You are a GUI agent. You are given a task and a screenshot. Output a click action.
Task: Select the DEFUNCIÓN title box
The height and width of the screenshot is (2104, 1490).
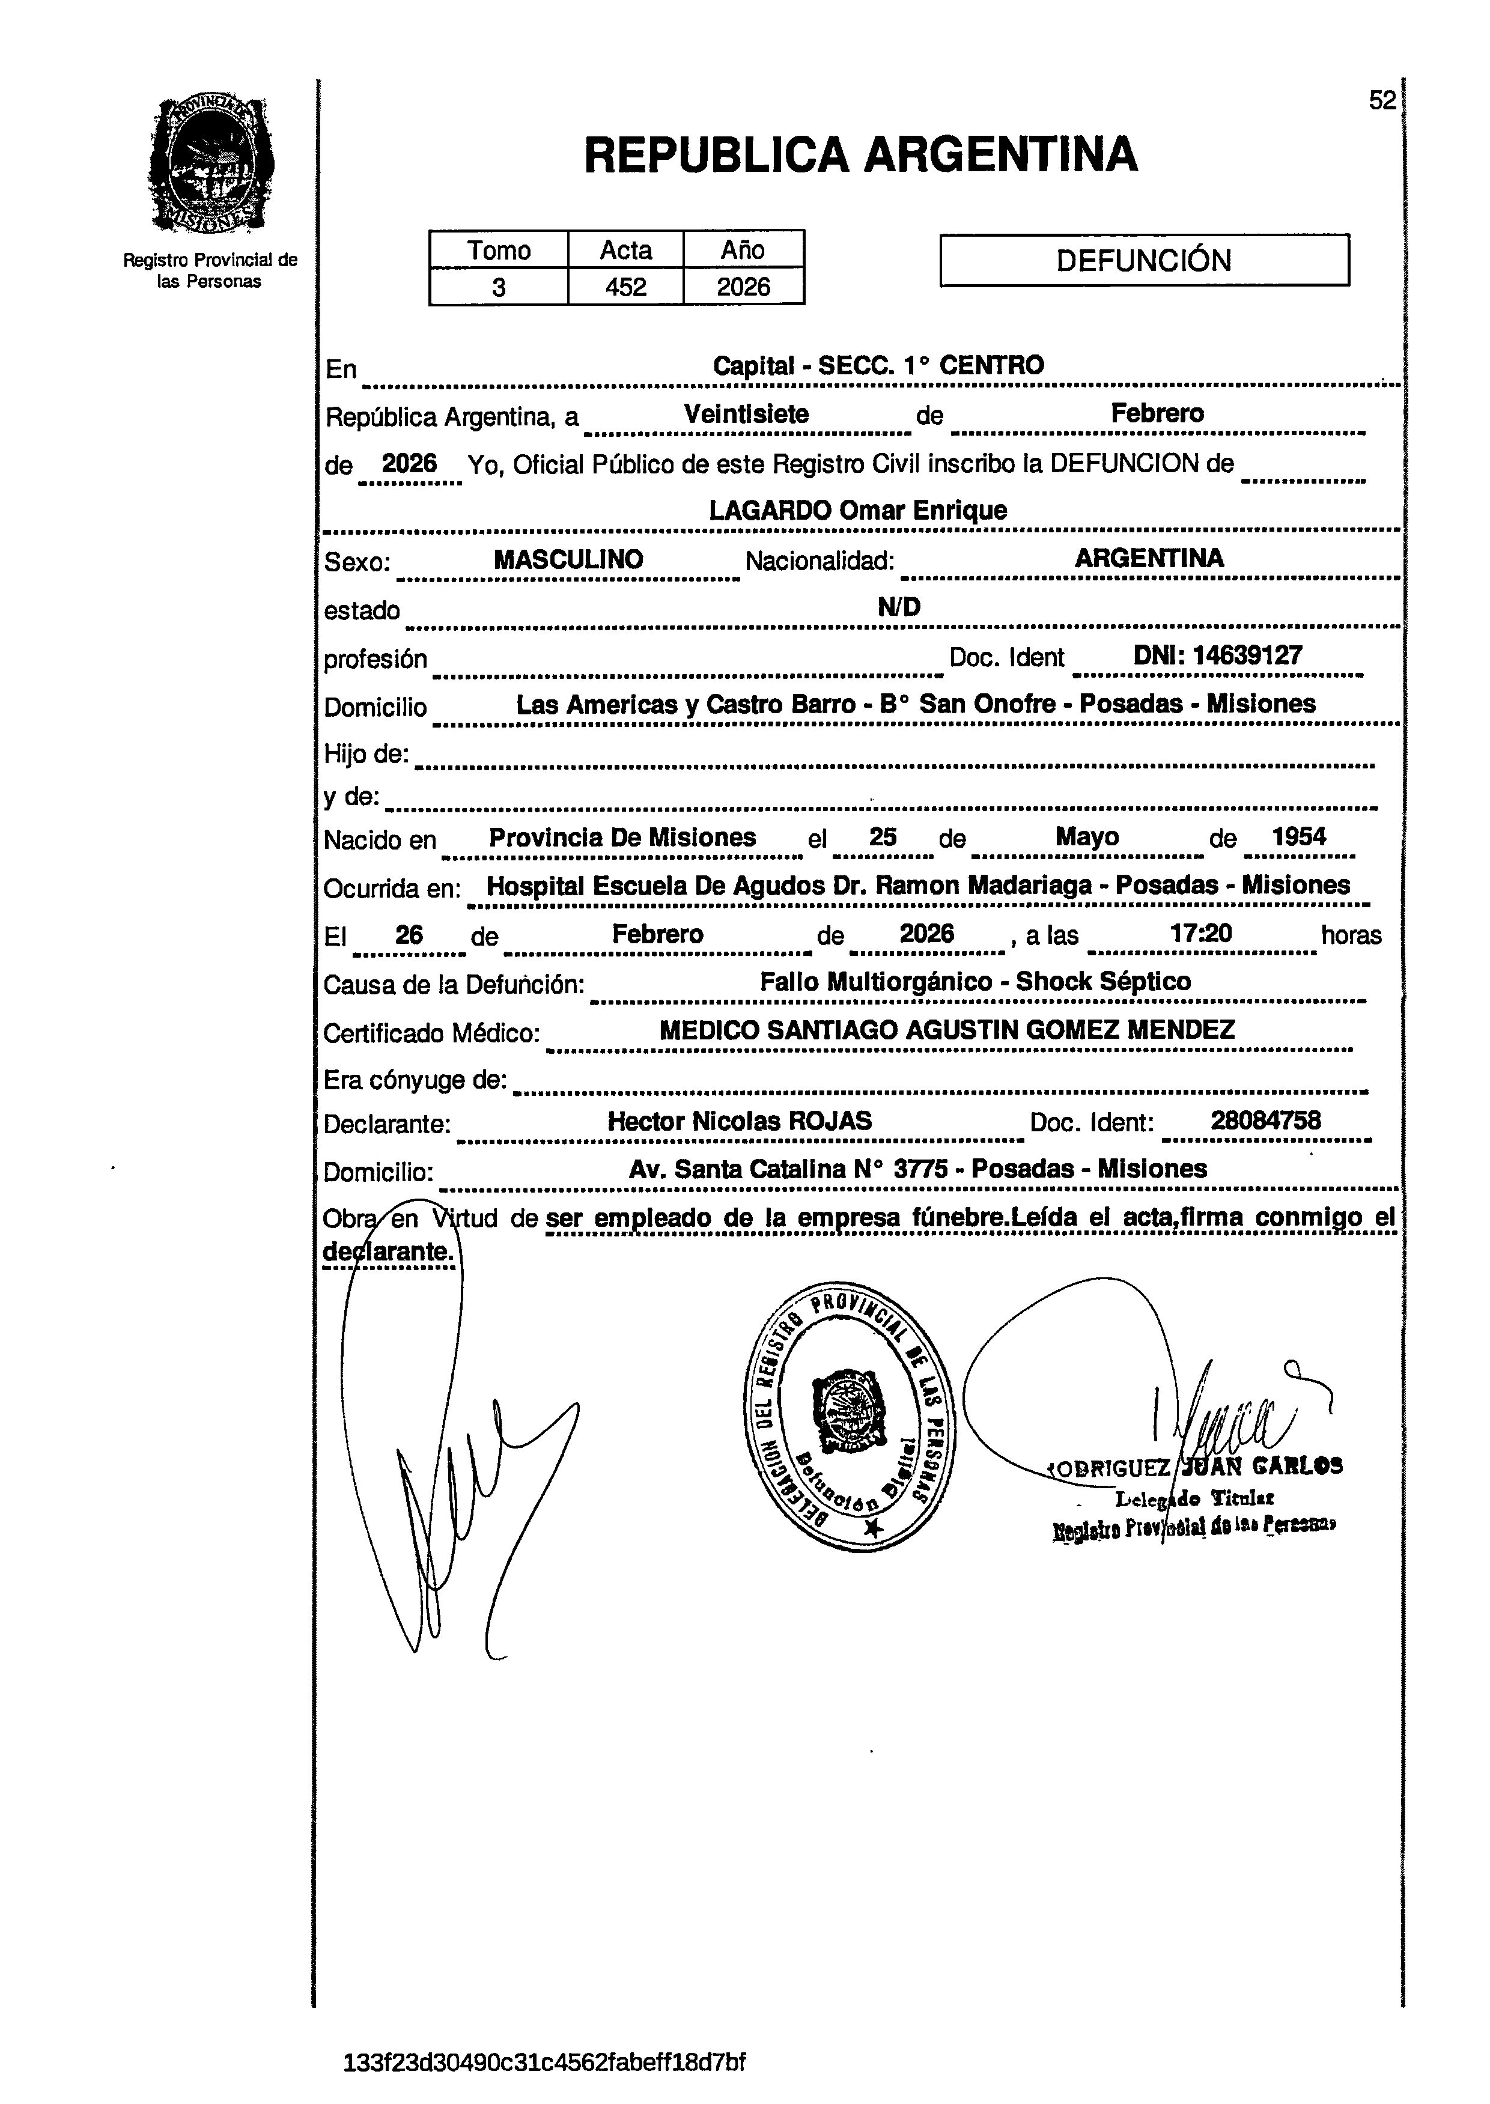(x=1143, y=261)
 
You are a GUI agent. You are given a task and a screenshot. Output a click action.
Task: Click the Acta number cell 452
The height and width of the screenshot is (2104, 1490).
(x=625, y=287)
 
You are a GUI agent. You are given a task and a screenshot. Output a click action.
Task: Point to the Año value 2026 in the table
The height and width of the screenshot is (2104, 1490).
(x=743, y=287)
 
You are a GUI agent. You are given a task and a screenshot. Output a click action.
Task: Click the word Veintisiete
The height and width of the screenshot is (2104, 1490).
(x=746, y=414)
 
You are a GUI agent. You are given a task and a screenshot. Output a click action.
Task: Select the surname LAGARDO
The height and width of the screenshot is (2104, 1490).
(x=771, y=510)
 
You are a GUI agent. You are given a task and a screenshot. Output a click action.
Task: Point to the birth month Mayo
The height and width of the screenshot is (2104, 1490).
(x=1087, y=837)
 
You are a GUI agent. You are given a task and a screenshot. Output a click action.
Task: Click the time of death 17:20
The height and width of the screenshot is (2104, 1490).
(x=1201, y=934)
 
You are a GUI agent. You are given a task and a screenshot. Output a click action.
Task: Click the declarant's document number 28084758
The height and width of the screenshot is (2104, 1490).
(x=1265, y=1120)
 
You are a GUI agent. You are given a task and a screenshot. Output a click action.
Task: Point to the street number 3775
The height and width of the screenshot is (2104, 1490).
(x=921, y=1169)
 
